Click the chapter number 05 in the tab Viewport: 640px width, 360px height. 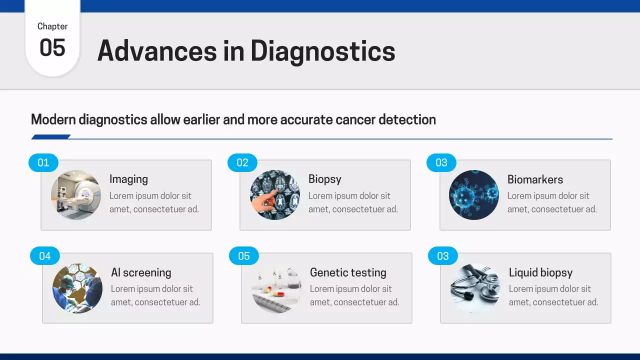coord(52,48)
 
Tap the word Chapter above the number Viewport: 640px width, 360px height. coord(52,26)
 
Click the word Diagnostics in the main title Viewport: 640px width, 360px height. coord(322,51)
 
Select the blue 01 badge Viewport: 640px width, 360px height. coord(43,162)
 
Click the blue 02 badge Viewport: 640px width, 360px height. coord(242,162)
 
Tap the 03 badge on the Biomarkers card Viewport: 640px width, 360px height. coord(441,162)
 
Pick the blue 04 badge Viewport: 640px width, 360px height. coord(45,256)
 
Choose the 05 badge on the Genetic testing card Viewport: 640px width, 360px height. coord(244,256)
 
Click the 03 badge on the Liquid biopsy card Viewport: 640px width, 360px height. coord(443,256)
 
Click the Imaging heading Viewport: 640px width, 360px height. coord(128,179)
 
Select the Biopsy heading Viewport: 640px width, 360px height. coord(324,179)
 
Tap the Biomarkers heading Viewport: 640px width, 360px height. coord(535,179)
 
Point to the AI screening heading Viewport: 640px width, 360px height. coord(141,272)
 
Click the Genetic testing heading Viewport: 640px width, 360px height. coord(348,272)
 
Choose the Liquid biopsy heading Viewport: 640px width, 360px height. coord(540,272)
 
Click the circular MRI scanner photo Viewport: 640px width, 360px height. coord(76,195)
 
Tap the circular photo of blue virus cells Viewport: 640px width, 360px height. coord(474,195)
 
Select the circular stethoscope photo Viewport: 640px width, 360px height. coord(475,288)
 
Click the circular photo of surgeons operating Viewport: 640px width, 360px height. coord(77,288)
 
